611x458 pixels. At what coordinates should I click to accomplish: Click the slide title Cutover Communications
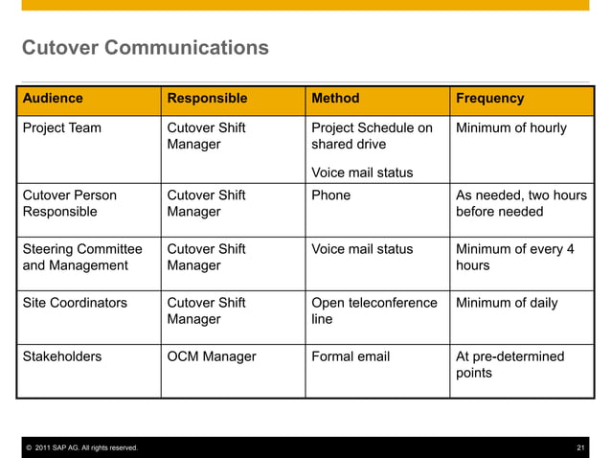coord(146,47)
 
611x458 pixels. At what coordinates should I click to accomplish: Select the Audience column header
coord(53,98)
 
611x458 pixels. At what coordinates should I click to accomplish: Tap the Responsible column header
coord(207,98)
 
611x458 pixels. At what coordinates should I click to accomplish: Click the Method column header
coord(335,98)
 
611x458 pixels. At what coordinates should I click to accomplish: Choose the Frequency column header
coord(489,98)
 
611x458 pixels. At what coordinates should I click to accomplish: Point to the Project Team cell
coord(62,128)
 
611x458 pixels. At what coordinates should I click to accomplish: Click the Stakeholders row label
coord(62,356)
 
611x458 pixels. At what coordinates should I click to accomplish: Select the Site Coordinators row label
coord(75,303)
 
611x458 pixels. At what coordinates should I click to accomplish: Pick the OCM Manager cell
coord(212,356)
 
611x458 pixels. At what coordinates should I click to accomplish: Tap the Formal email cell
coord(351,356)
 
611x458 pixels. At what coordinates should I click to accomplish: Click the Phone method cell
coord(331,195)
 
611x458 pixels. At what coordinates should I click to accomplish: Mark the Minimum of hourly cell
coord(510,128)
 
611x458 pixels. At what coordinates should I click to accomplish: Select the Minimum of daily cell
coord(507,303)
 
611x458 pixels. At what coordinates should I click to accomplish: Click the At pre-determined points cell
coord(509,364)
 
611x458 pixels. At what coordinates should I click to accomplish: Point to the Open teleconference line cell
coord(374,310)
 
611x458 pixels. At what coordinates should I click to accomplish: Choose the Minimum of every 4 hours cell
coord(514,257)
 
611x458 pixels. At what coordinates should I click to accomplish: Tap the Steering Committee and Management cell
coord(82,257)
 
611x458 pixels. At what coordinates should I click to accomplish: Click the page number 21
coord(579,448)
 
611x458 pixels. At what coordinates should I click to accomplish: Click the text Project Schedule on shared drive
coord(372,136)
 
